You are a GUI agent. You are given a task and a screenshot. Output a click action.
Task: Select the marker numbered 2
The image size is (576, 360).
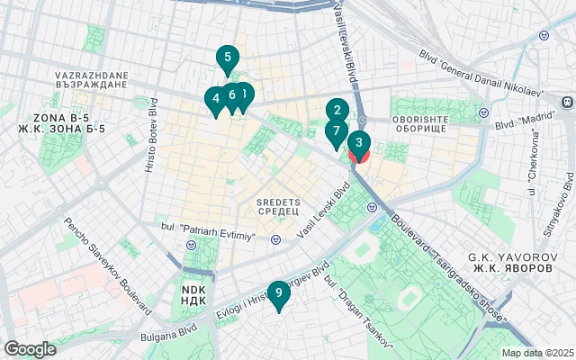pos(337,112)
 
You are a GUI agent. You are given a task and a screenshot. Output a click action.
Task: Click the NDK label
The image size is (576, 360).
pos(193,294)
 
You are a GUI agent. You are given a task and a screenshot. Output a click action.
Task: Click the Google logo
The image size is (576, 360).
pos(30,349)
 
